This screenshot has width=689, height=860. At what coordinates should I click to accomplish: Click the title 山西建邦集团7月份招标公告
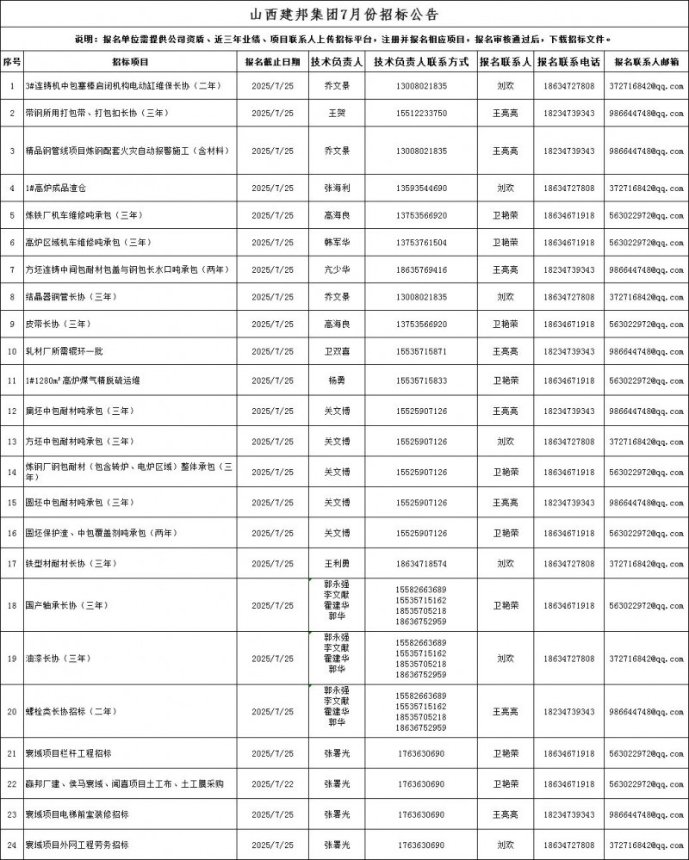(344, 15)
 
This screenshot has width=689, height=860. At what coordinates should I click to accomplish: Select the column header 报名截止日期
(272, 62)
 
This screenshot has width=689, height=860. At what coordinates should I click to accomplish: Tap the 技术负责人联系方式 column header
(421, 62)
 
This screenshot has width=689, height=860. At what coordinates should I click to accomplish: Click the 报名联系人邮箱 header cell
(647, 62)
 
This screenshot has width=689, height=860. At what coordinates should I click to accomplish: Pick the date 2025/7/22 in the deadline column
(272, 783)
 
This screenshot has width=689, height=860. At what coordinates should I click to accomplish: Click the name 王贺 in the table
(336, 113)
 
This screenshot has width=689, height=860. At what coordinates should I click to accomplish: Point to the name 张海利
(336, 188)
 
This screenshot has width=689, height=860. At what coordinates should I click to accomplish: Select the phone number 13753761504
(421, 243)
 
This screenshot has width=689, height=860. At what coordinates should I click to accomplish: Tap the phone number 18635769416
(421, 269)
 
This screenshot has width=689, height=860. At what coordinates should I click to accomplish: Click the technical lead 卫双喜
(336, 351)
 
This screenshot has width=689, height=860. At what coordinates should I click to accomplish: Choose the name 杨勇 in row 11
(336, 380)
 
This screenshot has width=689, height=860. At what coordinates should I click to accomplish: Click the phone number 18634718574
(421, 564)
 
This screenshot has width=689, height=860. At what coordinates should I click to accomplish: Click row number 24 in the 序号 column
(12, 845)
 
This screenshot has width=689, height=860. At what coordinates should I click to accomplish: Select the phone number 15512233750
(421, 113)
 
